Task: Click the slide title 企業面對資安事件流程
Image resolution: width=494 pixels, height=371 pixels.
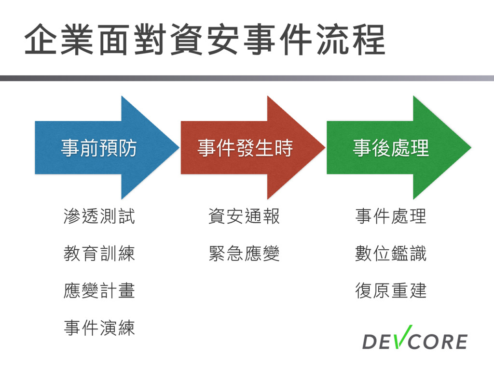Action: pos(205,40)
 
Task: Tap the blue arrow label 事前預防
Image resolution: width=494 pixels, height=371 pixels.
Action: pos(98,148)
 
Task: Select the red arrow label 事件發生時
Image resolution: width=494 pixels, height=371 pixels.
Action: pos(245,148)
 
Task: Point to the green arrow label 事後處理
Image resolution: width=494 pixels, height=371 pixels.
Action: pos(391,148)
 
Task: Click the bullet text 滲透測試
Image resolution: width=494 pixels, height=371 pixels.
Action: pos(99,216)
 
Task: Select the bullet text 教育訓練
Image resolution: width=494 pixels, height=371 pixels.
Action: pos(99,254)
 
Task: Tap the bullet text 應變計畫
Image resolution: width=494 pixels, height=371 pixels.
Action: pos(99,291)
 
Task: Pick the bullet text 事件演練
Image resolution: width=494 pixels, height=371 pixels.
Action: pos(99,328)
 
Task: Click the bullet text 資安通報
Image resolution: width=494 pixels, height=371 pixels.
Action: pos(244,216)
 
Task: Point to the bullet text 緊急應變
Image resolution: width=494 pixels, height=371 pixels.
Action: pos(244,254)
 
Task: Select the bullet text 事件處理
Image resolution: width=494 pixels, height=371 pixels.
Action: pos(391,216)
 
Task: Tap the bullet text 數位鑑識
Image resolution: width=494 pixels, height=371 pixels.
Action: pos(391,254)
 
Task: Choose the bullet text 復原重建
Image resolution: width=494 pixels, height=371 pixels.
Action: pos(391,291)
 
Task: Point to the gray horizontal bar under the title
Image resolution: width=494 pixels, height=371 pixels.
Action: pos(247,78)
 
